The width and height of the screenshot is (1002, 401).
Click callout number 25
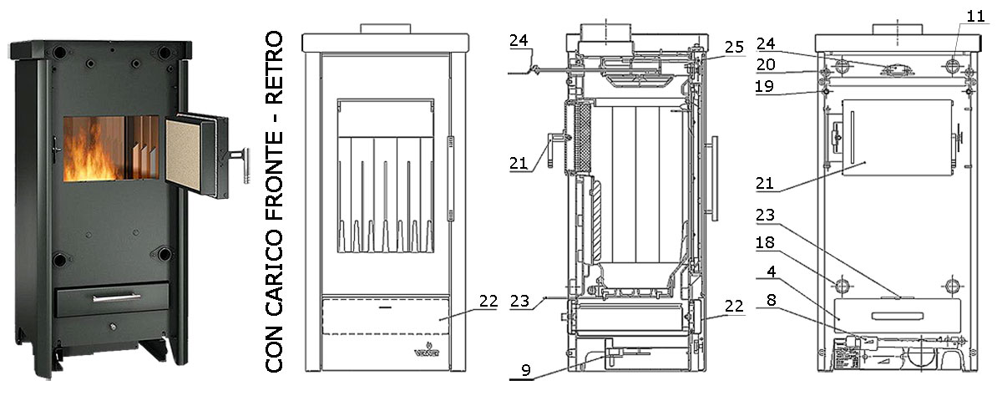733,48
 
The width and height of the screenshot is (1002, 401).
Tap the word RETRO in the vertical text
276,67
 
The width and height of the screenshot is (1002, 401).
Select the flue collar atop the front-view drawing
384,28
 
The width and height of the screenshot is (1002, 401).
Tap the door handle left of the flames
56,151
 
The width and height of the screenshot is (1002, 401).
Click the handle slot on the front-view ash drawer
383,307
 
